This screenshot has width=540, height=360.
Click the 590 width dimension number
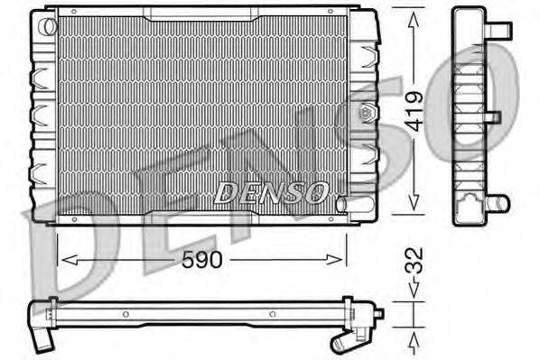(x=200, y=259)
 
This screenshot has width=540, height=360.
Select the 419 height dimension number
(x=414, y=111)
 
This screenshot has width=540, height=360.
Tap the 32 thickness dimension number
(x=414, y=263)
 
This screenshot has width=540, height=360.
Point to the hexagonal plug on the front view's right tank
(x=367, y=114)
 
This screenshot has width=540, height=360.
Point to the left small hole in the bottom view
(x=126, y=315)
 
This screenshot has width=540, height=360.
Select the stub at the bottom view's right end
(x=378, y=313)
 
